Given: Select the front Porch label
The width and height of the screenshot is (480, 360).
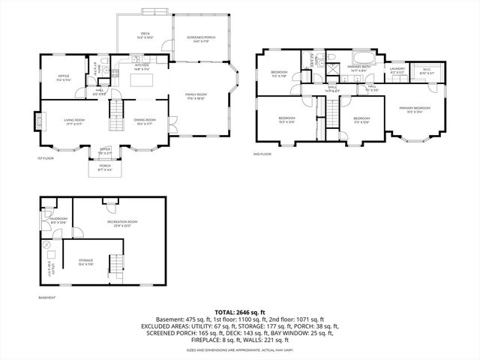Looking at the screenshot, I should coord(105,168).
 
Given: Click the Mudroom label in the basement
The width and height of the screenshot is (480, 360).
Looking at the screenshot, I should coord(58,220).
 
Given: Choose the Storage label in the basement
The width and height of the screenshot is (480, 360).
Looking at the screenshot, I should coord(85,262).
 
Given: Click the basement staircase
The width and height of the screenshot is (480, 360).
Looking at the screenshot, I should coord(115,265).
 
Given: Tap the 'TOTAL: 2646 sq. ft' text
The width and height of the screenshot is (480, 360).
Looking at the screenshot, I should coord(239,312).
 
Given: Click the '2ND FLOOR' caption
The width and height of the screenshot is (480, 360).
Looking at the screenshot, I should coord(262,153).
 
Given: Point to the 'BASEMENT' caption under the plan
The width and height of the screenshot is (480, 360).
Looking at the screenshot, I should coord(46,298).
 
